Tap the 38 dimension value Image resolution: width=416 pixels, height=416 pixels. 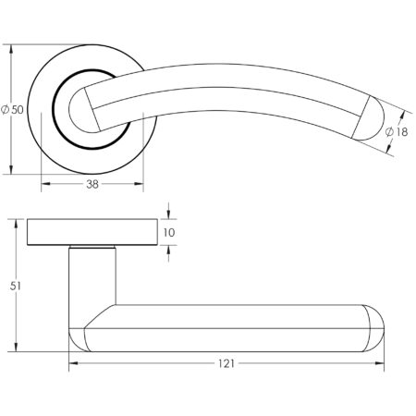click(92, 184)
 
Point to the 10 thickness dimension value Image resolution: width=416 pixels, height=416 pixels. click(168, 233)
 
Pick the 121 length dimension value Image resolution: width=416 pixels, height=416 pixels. click(226, 363)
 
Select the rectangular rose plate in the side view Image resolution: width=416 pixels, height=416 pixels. click(92, 232)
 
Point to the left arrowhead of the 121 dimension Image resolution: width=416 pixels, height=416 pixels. click(73, 363)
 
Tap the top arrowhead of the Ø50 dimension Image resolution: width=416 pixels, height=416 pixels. click(13, 47)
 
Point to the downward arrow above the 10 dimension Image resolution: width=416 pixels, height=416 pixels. click(168, 214)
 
